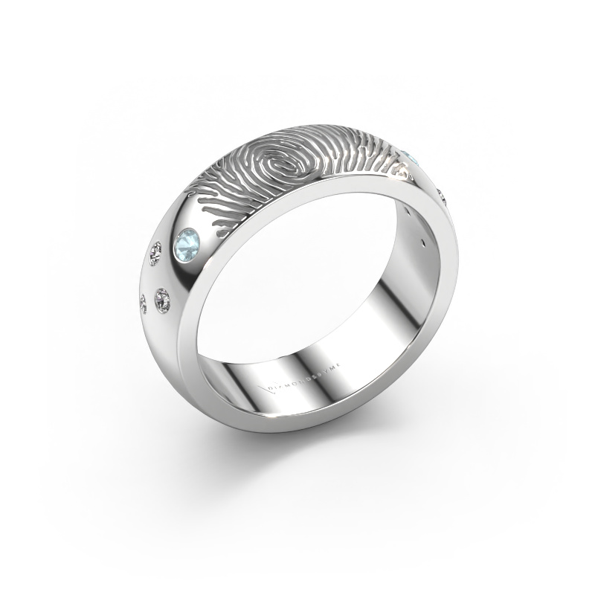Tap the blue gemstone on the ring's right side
pyautogui.click(x=415, y=158)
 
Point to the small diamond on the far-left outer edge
pyautogui.click(x=144, y=302)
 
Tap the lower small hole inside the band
pyautogui.click(x=423, y=242)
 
